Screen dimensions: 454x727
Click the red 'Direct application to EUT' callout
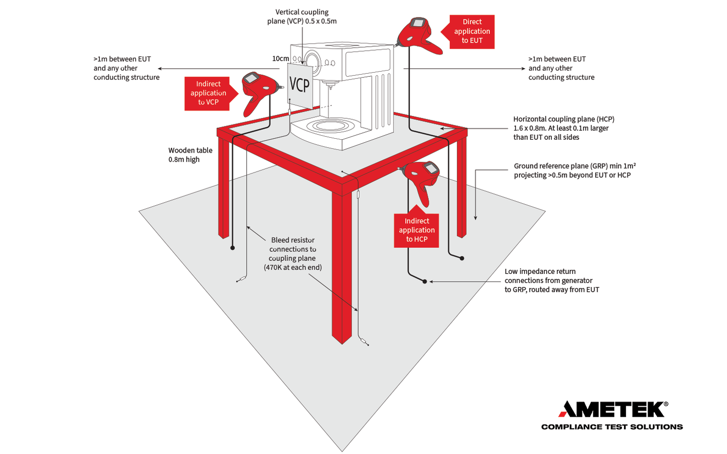tap(471, 32)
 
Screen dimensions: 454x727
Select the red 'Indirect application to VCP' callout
tap(208, 93)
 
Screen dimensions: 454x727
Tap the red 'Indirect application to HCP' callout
tap(416, 230)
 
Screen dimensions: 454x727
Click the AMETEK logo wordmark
tap(612, 409)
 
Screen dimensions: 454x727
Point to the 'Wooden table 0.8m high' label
tap(190, 155)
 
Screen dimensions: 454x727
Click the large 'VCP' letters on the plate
tap(300, 84)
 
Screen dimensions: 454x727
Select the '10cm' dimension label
tap(280, 59)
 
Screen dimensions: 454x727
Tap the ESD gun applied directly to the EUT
tap(418, 35)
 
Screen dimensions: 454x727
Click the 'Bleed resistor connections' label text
tap(293, 254)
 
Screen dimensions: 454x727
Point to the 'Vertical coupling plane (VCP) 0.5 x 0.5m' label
tap(302, 16)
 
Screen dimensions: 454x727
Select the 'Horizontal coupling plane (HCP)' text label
tap(563, 128)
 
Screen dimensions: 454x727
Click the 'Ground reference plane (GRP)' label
tap(574, 170)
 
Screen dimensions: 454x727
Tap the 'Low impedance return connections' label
tap(551, 280)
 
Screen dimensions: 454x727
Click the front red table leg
tap(342, 266)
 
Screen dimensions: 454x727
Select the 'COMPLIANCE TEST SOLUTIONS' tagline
tap(612, 427)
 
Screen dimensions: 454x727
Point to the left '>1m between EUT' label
tap(126, 68)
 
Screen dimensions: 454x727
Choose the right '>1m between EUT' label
tap(561, 68)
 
